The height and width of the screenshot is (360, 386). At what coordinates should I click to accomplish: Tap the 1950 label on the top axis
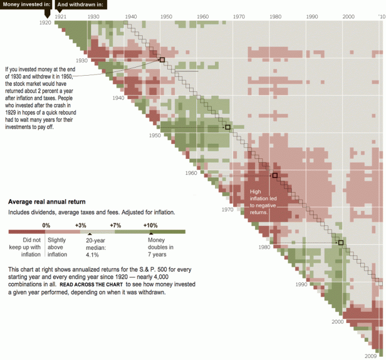[x=166, y=17]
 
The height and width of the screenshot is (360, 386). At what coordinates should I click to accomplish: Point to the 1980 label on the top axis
[x=275, y=17]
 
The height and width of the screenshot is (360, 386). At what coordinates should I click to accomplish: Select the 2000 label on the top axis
[x=348, y=17]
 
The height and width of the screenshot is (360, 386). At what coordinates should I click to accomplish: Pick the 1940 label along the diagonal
[x=118, y=98]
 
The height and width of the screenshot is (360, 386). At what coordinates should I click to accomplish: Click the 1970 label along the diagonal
[x=227, y=210]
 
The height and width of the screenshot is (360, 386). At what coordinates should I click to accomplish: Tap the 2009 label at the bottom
[x=371, y=355]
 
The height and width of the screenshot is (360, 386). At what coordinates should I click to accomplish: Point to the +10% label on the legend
[x=151, y=225]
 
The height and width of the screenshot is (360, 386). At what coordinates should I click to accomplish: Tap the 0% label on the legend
[x=46, y=225]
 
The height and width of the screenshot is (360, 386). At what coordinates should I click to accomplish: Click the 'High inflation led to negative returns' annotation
[x=263, y=202]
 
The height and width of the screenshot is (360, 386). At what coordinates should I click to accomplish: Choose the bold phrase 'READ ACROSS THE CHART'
[x=91, y=284]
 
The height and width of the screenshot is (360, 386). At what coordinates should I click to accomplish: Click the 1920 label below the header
[x=45, y=23]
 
